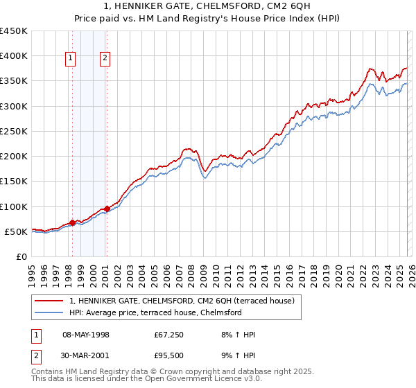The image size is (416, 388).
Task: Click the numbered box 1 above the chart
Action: pyautogui.click(x=71, y=59)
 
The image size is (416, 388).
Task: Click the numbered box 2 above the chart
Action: pyautogui.click(x=105, y=59)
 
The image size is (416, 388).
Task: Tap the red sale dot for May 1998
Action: pyautogui.click(x=72, y=222)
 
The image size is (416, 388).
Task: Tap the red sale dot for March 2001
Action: pyautogui.click(x=107, y=209)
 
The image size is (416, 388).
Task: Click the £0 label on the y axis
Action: pyautogui.click(x=21, y=256)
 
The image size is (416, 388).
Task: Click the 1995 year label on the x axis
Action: pyautogui.click(x=32, y=275)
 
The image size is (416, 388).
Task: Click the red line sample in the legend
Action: pyautogui.click(x=49, y=301)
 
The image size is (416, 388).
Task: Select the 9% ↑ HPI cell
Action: pyautogui.click(x=236, y=357)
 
